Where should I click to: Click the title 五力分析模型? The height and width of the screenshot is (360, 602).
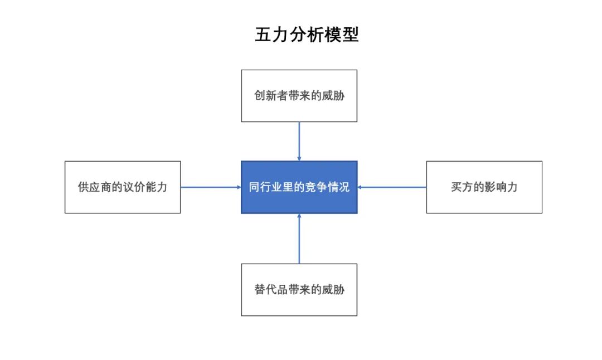pyautogui.click(x=307, y=35)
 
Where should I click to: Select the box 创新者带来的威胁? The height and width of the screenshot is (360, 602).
pyautogui.click(x=299, y=96)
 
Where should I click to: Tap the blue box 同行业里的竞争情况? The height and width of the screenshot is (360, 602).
pyautogui.click(x=299, y=187)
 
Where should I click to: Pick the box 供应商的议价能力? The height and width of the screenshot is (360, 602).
pyautogui.click(x=123, y=187)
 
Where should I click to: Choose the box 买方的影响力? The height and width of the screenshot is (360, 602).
pyautogui.click(x=484, y=187)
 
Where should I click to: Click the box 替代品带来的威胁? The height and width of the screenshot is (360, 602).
pyautogui.click(x=299, y=290)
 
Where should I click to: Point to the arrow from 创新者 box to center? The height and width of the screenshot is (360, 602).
pyautogui.click(x=299, y=141)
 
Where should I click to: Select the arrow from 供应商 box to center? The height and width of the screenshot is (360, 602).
pyautogui.click(x=211, y=187)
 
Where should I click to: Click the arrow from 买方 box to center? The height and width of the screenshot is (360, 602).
pyautogui.click(x=392, y=187)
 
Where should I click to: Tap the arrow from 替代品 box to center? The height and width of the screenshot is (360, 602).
pyautogui.click(x=299, y=239)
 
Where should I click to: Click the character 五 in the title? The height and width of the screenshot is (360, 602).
pyautogui.click(x=263, y=35)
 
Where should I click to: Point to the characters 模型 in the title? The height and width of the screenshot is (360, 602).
pyautogui.click(x=342, y=35)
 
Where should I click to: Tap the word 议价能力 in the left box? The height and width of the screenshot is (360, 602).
pyautogui.click(x=145, y=187)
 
